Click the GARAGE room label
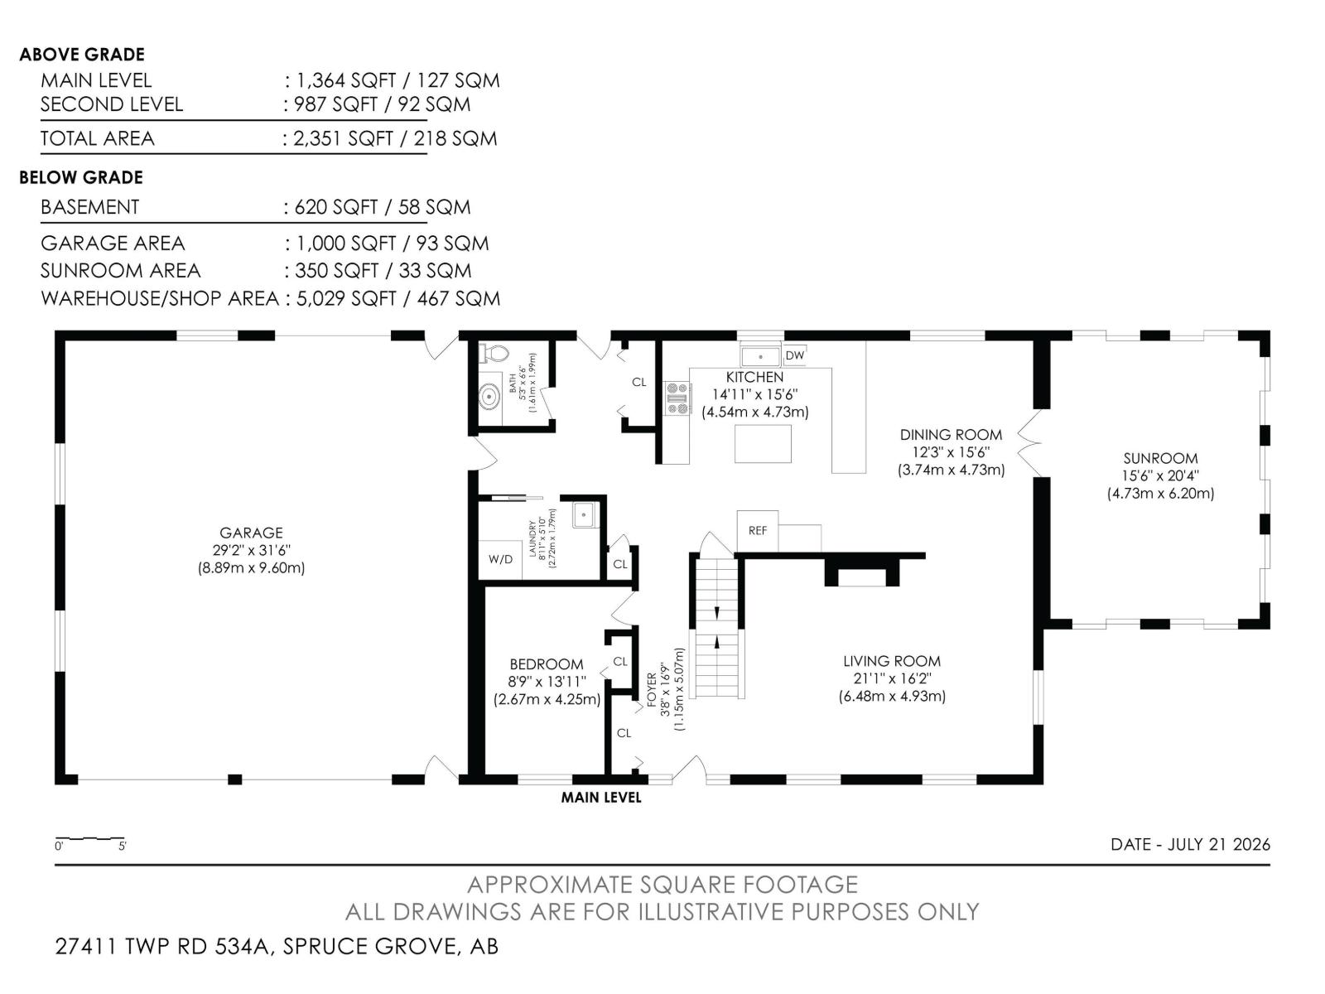(x=251, y=533)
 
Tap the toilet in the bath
(x=494, y=354)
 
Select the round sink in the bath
(x=489, y=397)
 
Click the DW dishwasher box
(x=794, y=355)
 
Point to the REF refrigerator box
(x=757, y=530)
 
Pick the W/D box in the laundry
(x=500, y=559)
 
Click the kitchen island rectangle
(x=763, y=444)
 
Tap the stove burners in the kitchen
(x=677, y=398)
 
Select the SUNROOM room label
(x=1160, y=458)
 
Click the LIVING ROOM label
(x=892, y=661)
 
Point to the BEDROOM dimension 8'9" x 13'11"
(x=547, y=682)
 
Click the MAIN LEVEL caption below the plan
(x=601, y=797)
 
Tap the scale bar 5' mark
(x=123, y=846)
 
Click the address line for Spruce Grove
(x=277, y=946)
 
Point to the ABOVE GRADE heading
(x=82, y=55)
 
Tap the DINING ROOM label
(x=951, y=435)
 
